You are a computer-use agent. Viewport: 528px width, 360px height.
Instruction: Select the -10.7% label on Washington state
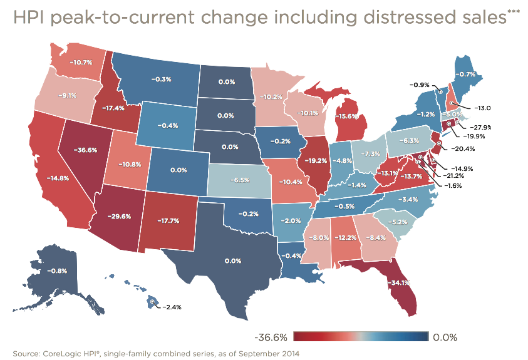click(81, 63)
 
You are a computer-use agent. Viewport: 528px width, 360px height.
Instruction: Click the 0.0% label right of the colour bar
click(447, 337)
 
